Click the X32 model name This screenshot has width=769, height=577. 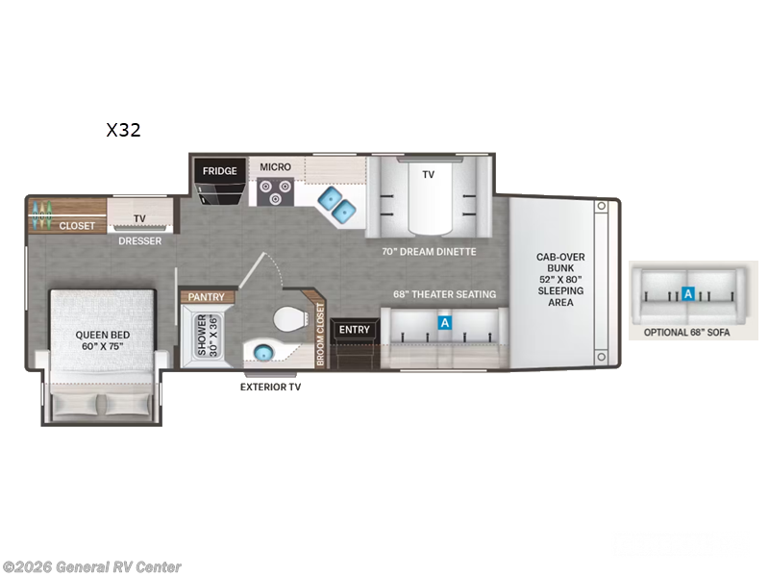coord(123,131)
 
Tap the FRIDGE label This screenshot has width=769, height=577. coord(219,171)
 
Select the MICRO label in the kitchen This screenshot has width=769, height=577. coord(276,167)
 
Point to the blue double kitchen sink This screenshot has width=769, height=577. coord(338,204)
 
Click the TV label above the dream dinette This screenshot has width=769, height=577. coord(429,175)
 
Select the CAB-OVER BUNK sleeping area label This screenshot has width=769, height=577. coord(560,279)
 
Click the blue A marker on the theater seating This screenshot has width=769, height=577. coord(444,323)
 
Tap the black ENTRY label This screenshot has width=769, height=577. coord(354,330)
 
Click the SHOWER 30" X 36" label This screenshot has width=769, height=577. coord(208,336)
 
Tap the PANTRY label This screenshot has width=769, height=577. coord(206,297)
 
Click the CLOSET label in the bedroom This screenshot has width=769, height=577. coord(77,226)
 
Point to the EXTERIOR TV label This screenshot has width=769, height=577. coord(270,388)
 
